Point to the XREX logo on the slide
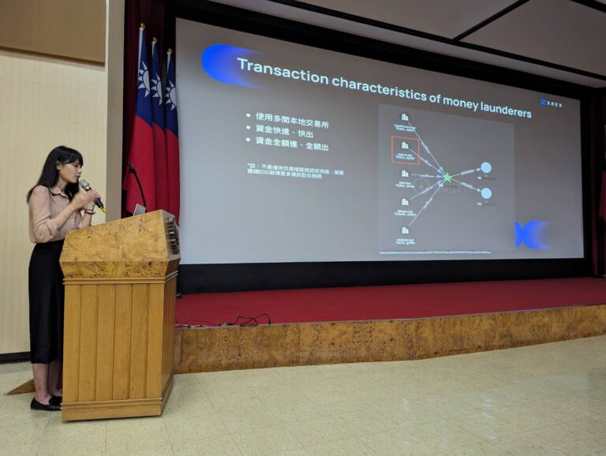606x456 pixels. point(552,103)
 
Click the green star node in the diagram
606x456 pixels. point(447,177)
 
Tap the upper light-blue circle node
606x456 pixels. point(486,167)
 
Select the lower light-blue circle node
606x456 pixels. point(486,193)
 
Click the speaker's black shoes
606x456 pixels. point(46,403)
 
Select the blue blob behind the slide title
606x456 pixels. point(221,64)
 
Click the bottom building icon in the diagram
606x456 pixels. point(405,231)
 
